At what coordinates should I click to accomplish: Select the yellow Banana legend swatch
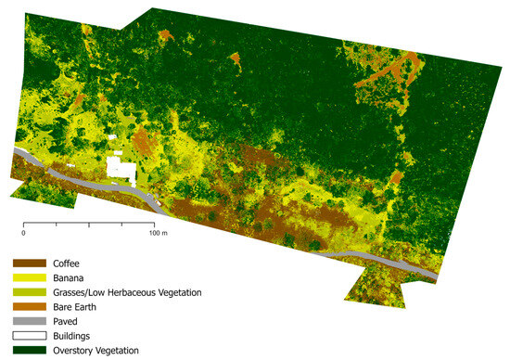pyautogui.click(x=28, y=277)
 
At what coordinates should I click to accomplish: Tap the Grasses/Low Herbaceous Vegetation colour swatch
pyautogui.click(x=28, y=292)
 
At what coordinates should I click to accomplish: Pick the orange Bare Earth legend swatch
pyautogui.click(x=28, y=306)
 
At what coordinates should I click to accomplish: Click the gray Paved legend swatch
pyautogui.click(x=28, y=321)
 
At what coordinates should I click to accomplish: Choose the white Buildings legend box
pyautogui.click(x=28, y=335)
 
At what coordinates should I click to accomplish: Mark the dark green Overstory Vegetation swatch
pyautogui.click(x=28, y=350)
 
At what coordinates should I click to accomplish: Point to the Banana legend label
pyautogui.click(x=70, y=277)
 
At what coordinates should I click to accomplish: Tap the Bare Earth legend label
pyautogui.click(x=77, y=306)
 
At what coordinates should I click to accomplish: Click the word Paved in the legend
pyautogui.click(x=67, y=321)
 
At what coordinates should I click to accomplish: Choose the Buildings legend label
pyautogui.click(x=74, y=335)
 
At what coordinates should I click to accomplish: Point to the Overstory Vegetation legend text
pyautogui.click(x=96, y=350)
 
